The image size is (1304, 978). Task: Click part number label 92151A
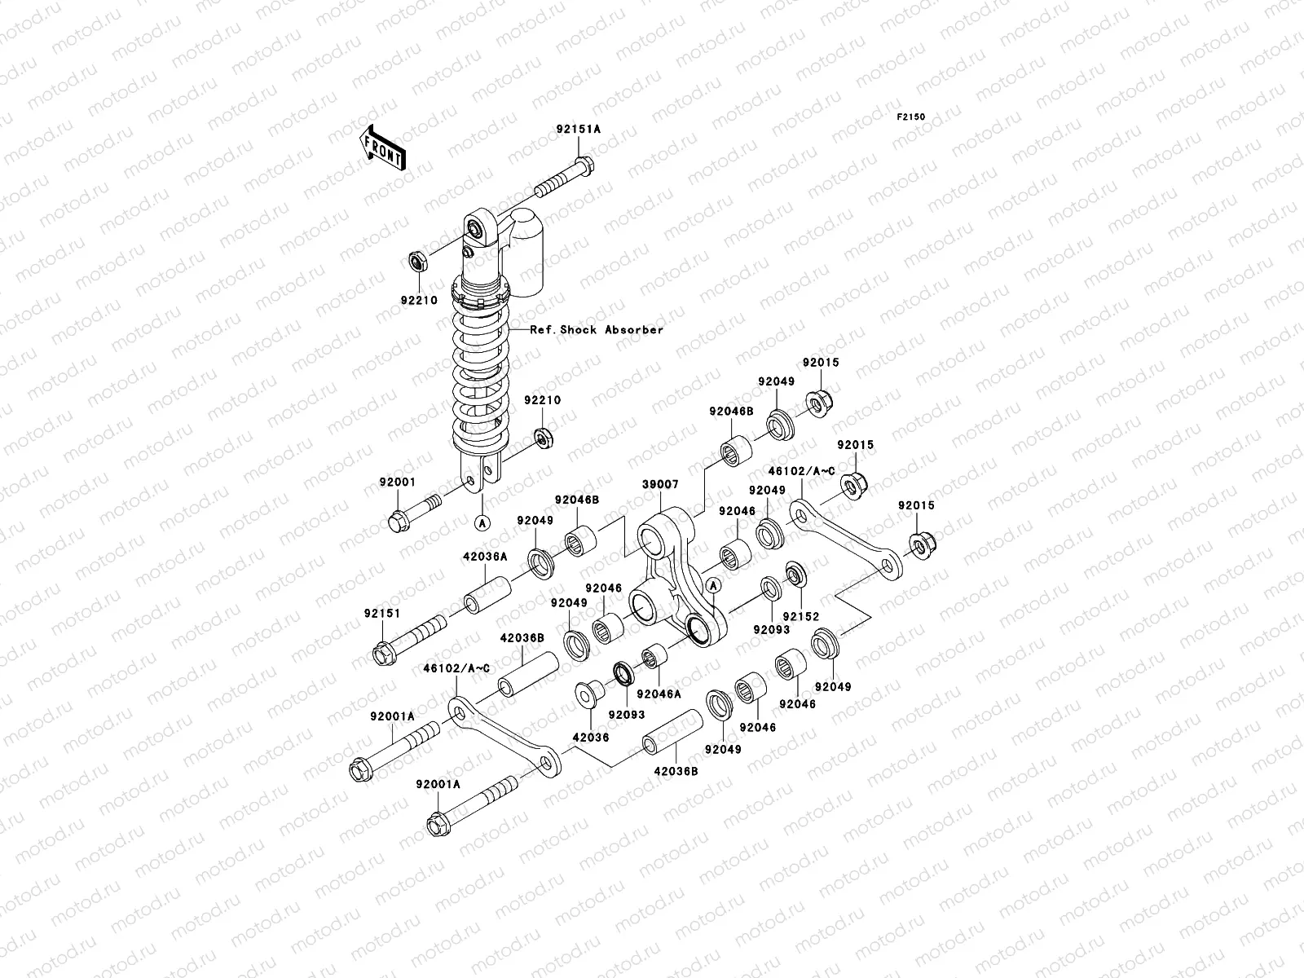pos(578,127)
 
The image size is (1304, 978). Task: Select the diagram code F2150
pos(911,117)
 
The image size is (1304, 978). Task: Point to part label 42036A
pos(487,556)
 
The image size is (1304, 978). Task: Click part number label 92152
pos(800,617)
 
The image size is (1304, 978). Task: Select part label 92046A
pos(659,694)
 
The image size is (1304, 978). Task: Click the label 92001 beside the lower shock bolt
pos(398,482)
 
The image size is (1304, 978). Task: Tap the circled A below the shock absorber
pos(482,522)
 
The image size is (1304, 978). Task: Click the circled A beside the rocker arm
pos(712,584)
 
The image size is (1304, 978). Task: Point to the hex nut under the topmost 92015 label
pos(817,403)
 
